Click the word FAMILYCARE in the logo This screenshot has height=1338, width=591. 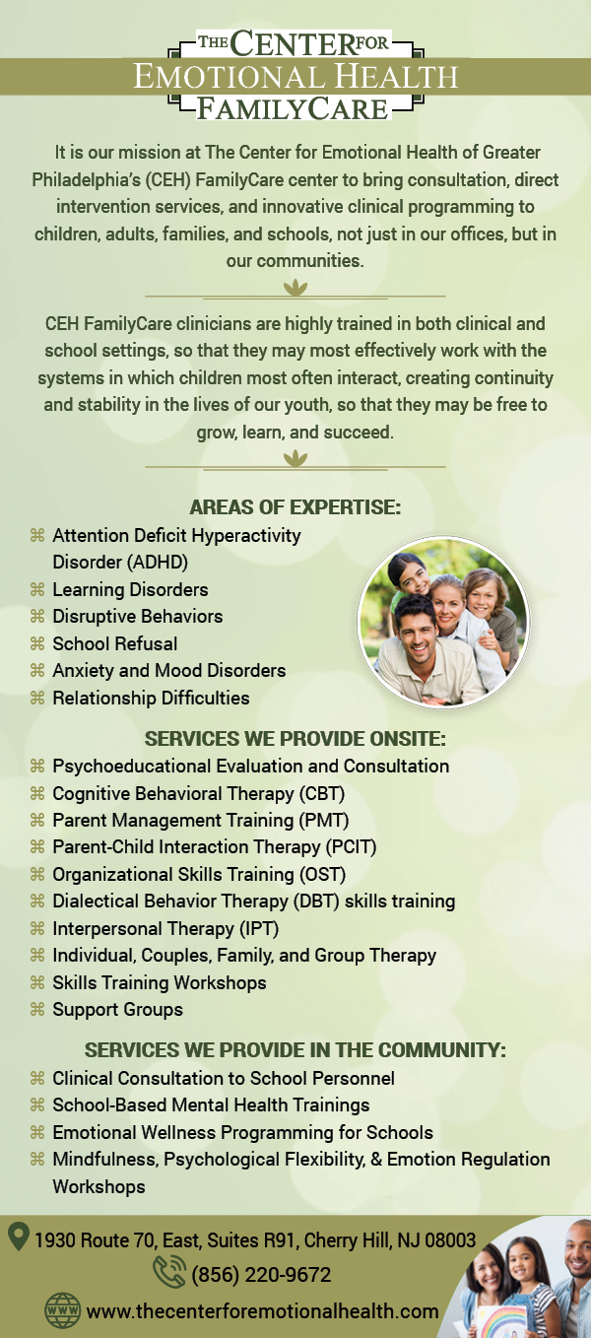coord(293,108)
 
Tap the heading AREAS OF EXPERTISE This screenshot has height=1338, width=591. coord(295,507)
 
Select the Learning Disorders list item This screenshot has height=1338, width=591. coord(130,589)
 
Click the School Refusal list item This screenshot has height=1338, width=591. coord(114,643)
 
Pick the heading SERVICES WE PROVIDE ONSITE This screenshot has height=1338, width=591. coord(295,738)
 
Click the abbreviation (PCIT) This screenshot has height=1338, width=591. coord(351,847)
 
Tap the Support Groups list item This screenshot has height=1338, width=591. coord(117,1010)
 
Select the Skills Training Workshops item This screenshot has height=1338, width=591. coord(160,982)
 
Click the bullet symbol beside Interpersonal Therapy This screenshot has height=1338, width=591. coord(37,928)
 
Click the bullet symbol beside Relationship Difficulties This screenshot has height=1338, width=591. coord(37,697)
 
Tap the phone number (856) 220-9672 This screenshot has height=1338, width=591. coord(261,1275)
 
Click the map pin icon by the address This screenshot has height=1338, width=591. coord(19,1236)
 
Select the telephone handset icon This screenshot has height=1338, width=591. coord(169,1271)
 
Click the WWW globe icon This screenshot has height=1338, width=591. coord(63,1310)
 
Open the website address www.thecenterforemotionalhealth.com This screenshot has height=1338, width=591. coord(263,1311)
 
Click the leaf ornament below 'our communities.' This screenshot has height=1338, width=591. coord(295,288)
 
